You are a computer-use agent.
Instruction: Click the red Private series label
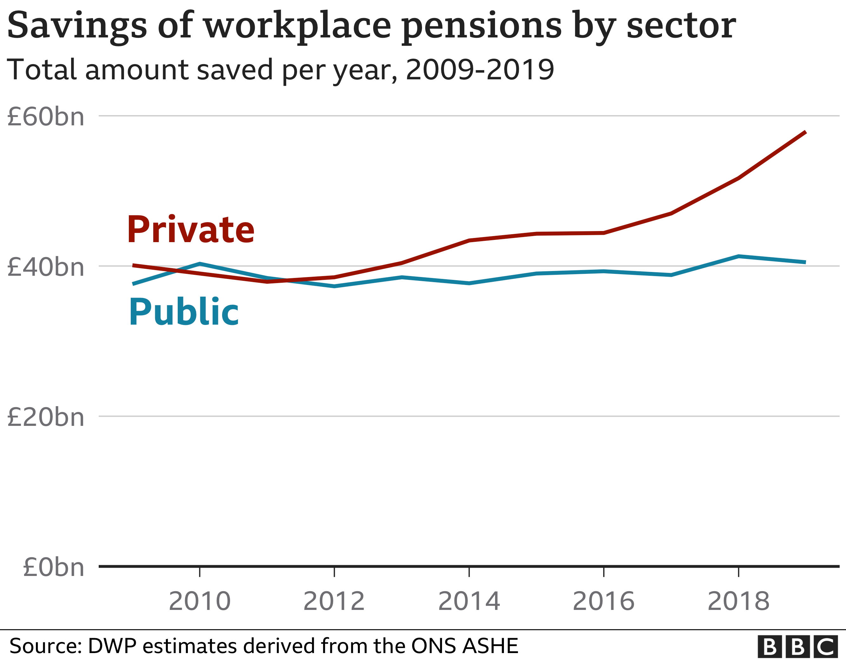[191, 230]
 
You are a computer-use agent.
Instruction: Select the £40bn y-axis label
[46, 267]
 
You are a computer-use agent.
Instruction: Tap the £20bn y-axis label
[46, 417]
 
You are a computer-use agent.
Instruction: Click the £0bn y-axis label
[53, 567]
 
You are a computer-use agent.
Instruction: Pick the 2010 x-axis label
[200, 601]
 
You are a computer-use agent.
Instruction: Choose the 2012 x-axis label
[334, 601]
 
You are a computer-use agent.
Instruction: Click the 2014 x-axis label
[469, 601]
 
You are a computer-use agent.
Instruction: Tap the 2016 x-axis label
[604, 601]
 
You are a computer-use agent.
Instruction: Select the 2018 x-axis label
[738, 601]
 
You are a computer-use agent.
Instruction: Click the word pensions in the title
[481, 26]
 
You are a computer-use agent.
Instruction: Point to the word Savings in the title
[77, 26]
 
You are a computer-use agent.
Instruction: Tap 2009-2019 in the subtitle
[479, 70]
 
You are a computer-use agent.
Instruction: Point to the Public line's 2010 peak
[200, 264]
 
